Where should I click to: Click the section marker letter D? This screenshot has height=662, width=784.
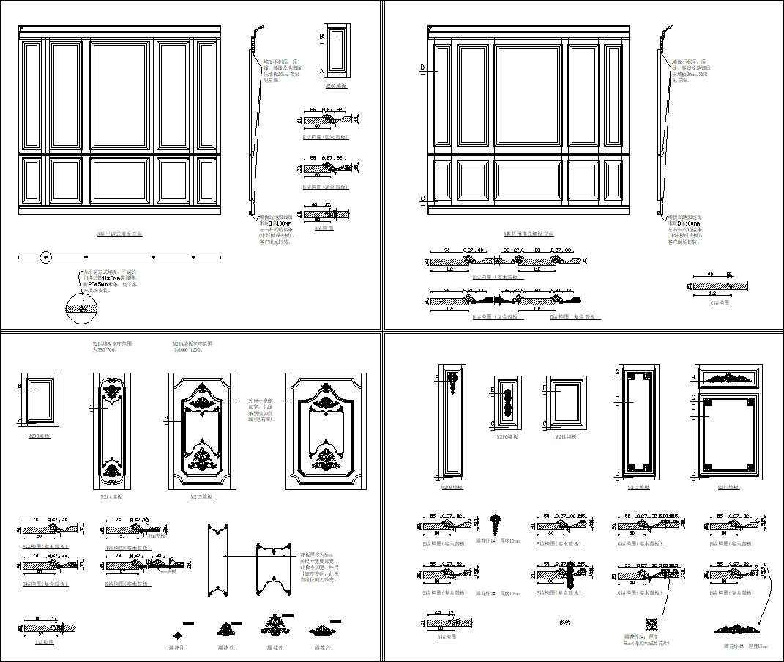coord(423,68)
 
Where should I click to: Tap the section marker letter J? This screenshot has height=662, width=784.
coord(90,403)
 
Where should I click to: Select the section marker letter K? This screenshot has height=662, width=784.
coord(166,417)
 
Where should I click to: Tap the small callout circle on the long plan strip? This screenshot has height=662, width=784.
coord(45,257)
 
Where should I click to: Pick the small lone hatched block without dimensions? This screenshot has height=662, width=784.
coord(564,622)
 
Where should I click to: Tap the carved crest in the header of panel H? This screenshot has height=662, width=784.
coord(729,379)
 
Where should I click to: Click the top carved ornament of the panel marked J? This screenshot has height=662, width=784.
coord(111,393)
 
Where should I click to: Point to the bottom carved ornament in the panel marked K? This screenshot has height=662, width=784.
coord(202,458)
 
